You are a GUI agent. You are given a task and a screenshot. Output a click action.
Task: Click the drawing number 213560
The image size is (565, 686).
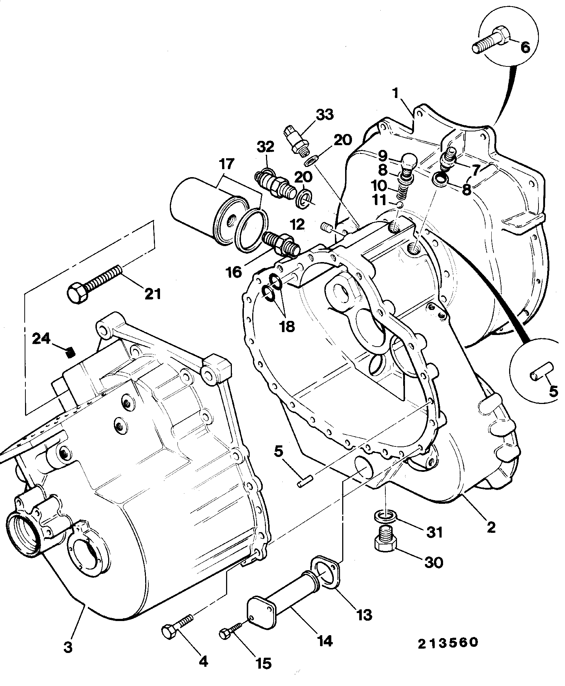[x=448, y=643]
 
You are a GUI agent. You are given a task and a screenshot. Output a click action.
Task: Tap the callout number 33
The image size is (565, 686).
[x=324, y=115]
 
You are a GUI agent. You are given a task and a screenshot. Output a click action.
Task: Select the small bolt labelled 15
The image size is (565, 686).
[x=231, y=632]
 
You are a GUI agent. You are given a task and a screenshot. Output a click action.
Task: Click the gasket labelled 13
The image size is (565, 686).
[x=326, y=571]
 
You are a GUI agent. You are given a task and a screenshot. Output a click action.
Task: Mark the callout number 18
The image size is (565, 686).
[x=287, y=327]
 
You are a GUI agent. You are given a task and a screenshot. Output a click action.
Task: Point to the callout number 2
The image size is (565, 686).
[x=491, y=527]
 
